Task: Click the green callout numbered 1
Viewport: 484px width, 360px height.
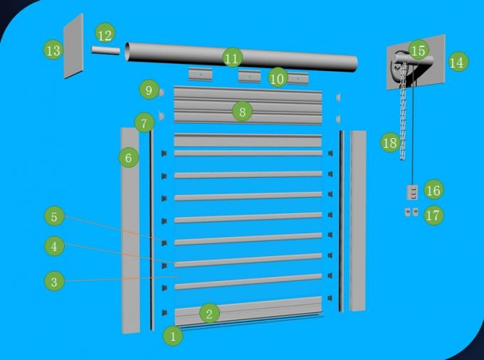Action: pos(173,335)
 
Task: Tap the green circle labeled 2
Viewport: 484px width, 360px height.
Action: pos(209,313)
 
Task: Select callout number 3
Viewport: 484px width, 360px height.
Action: pos(53,282)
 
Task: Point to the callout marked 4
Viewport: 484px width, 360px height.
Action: pos(53,247)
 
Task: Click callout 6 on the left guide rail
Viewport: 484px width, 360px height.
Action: pos(128,158)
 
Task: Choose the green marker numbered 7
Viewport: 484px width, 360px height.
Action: pos(144,123)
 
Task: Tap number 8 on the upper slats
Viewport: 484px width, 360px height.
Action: pos(242,111)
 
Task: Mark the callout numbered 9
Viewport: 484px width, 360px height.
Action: pos(148,90)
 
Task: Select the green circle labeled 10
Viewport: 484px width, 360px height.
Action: pos(278,78)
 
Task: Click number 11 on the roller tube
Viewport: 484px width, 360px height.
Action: pos(231,58)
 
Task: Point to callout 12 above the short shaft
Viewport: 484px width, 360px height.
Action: pos(105,34)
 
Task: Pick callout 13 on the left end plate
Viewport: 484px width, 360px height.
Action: pos(53,51)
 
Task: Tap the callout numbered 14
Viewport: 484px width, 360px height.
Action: pos(457,63)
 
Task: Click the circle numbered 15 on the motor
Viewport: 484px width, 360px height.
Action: pos(419,50)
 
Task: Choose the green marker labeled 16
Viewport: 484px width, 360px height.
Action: pos(433,189)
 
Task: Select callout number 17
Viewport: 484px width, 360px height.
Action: pos(433,215)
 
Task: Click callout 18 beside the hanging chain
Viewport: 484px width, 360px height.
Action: pos(389,143)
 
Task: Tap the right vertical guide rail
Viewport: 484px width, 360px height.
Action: pos(357,221)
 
